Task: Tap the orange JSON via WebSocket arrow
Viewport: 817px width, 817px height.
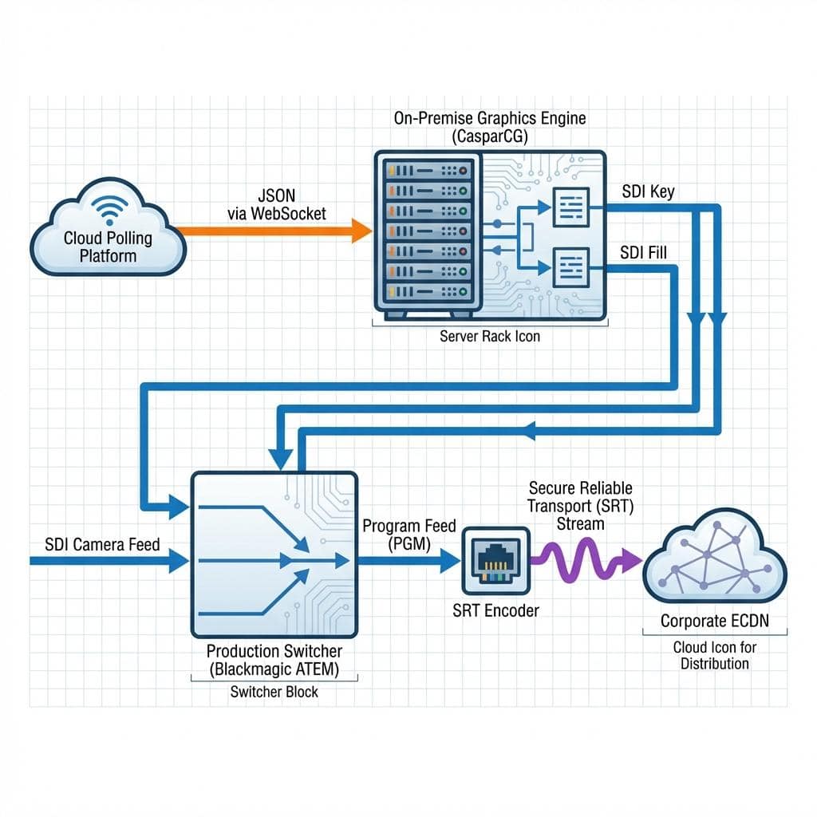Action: pos(274,231)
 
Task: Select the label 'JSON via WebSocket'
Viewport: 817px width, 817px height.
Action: pos(277,205)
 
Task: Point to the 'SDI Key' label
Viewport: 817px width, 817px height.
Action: pos(648,191)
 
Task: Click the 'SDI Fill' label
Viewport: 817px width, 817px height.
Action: pos(643,253)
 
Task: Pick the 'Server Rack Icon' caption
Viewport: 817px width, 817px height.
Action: pos(490,336)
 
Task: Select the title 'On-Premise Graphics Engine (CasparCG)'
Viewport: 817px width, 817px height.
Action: pos(490,127)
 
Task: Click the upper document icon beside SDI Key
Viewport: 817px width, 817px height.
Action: pos(571,207)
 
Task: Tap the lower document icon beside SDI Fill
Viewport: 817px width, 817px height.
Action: pos(571,268)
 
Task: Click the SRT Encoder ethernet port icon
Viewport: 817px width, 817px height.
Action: pos(496,561)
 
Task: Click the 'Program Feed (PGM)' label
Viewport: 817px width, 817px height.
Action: pos(409,535)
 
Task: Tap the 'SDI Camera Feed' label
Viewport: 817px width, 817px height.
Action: pos(102,544)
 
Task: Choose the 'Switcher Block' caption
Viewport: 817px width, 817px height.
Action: pos(274,692)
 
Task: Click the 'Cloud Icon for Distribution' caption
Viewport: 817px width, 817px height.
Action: pos(715,656)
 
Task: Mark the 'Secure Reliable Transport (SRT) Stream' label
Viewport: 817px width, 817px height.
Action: pos(581,506)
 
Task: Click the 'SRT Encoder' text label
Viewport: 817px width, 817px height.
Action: pos(495,610)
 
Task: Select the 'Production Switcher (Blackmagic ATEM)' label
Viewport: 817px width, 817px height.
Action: pos(274,660)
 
